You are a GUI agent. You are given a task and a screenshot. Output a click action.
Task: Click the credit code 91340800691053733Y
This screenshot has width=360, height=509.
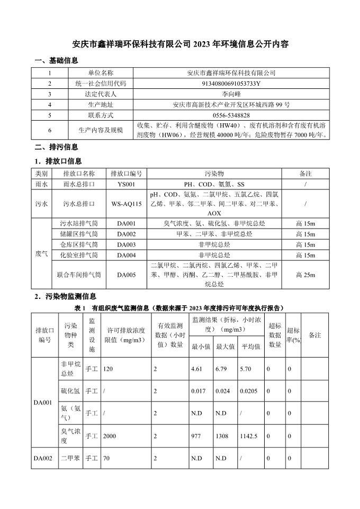(x=231, y=83)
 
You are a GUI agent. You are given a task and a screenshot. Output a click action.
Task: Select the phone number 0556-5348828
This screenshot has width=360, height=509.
(x=231, y=115)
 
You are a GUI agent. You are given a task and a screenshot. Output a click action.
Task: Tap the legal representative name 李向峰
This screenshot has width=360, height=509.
(x=231, y=94)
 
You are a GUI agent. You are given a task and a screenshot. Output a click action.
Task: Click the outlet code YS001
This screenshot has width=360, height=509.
(x=127, y=185)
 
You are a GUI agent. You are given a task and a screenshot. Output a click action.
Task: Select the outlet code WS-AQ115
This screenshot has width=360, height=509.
(x=127, y=203)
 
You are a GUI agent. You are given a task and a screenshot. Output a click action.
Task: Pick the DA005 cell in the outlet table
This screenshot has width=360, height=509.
(x=127, y=275)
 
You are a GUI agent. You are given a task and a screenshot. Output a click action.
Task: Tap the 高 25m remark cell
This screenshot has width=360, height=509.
(x=305, y=275)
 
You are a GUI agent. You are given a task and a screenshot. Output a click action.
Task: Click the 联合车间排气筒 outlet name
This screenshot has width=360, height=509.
(x=78, y=275)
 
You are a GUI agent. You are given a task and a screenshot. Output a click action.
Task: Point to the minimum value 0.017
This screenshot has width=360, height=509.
(x=198, y=391)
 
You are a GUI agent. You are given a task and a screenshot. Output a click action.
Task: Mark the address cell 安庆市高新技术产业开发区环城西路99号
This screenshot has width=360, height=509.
(x=231, y=104)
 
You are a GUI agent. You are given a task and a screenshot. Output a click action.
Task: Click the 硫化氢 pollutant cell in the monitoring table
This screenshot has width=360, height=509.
(x=70, y=391)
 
